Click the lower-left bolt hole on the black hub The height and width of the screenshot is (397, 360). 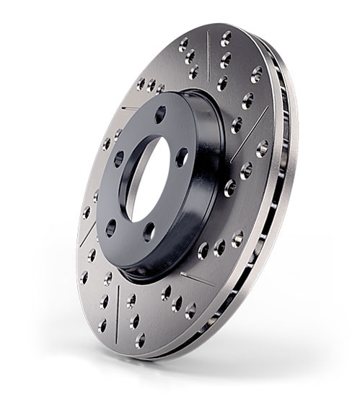(x=110, y=227)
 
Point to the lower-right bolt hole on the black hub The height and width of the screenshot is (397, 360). (x=149, y=230)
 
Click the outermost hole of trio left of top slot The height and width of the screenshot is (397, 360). (x=183, y=43)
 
